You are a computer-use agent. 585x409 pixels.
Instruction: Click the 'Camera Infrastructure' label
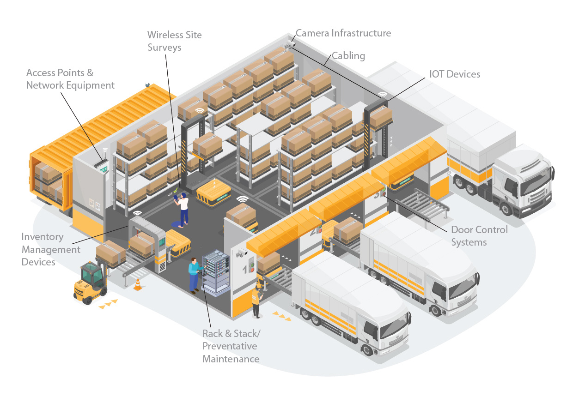[x=343, y=33]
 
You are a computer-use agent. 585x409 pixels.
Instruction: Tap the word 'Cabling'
[x=348, y=56]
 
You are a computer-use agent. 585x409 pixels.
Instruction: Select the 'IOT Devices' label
[x=455, y=74]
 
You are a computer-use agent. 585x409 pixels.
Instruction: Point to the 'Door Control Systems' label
[x=479, y=235]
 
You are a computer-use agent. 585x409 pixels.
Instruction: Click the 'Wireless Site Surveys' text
[x=174, y=41]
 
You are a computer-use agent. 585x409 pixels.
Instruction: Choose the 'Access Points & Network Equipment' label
[x=70, y=79]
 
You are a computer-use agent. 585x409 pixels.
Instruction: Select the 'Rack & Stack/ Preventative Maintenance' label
[x=231, y=346]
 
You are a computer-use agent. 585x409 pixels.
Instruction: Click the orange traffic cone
[x=137, y=284]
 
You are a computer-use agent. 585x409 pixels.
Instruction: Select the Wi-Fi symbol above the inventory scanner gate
[x=137, y=214]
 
